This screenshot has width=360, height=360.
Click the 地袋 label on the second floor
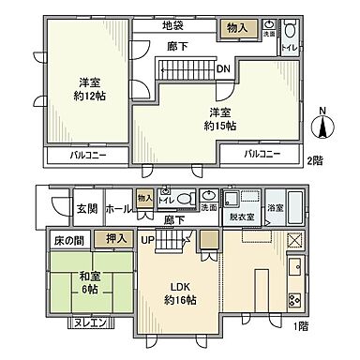pos(172,24)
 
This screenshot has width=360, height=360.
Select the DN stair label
pos(225,68)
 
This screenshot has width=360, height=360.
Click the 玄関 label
pos(86,208)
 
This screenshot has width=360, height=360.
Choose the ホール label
pos(117,208)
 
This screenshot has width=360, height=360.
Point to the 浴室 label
pos(277,207)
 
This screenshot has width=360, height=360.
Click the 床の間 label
pos(62,242)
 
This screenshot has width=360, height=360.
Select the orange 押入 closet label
pos(115,241)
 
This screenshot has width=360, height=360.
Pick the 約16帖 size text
pos(181,301)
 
